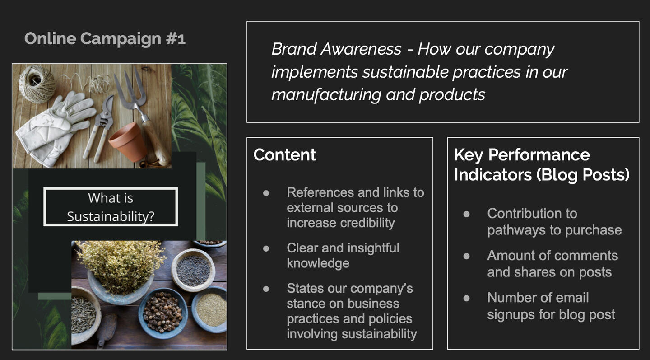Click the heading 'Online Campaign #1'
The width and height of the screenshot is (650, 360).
click(x=105, y=38)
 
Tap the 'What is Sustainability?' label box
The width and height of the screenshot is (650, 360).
click(x=111, y=207)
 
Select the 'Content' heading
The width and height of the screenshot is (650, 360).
click(x=284, y=155)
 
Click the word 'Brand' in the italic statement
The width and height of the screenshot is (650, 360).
click(x=294, y=49)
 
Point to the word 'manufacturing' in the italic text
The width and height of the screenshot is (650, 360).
click(x=325, y=95)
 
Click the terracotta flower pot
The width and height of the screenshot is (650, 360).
click(x=128, y=142)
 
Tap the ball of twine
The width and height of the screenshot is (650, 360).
click(x=37, y=84)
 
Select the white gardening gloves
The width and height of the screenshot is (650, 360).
click(x=55, y=128)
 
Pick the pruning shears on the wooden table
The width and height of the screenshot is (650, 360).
click(x=100, y=128)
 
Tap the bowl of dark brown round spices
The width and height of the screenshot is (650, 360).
click(x=163, y=313)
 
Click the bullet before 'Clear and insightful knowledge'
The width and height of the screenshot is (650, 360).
click(x=266, y=248)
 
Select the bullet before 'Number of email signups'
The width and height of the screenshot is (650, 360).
click(x=467, y=298)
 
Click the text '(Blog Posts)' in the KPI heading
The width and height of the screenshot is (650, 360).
click(x=583, y=175)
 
